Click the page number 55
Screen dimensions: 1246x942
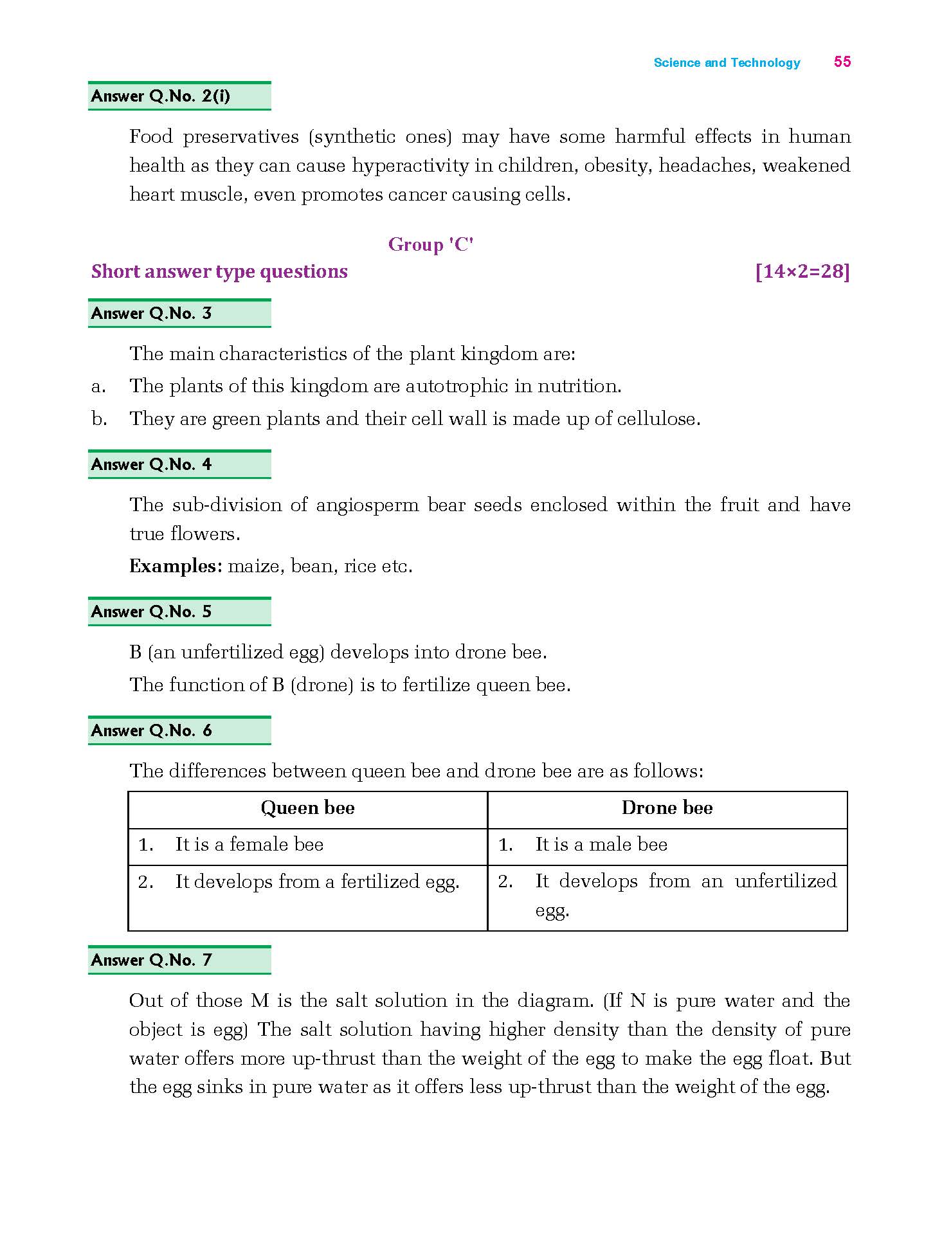click(842, 62)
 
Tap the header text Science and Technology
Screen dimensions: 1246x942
click(727, 63)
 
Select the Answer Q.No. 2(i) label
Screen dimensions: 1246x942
click(161, 96)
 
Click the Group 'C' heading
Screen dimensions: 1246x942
click(431, 245)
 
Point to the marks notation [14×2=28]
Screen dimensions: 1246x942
click(802, 272)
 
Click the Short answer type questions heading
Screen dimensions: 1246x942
click(219, 272)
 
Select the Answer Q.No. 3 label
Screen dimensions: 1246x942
click(152, 314)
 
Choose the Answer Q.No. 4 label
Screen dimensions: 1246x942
click(152, 465)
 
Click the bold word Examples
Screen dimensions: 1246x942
click(175, 566)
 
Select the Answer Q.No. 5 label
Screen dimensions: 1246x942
click(152, 612)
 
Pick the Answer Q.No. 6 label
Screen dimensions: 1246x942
click(152, 731)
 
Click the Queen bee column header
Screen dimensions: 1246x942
click(307, 808)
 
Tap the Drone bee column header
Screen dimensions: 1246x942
click(667, 808)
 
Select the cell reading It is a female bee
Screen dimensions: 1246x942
click(249, 845)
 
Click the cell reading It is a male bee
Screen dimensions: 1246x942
click(601, 845)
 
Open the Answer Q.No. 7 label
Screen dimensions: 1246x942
click(152, 961)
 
